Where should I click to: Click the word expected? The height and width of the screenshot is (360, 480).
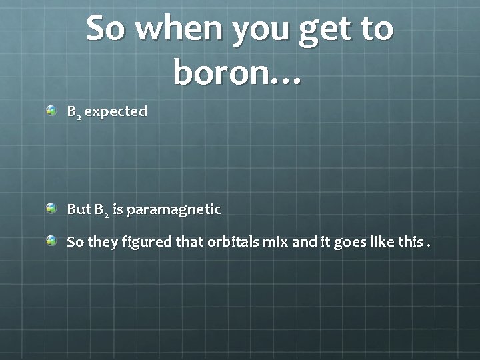115,111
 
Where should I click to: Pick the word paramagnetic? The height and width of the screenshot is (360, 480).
173,209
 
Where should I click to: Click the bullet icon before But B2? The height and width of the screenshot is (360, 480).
51,209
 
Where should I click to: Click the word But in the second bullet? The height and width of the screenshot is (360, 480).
79,209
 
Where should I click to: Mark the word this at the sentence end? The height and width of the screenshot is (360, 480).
410,241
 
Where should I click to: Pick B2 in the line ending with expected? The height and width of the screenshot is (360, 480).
74,111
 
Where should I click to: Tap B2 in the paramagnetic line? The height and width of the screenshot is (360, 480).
102,210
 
